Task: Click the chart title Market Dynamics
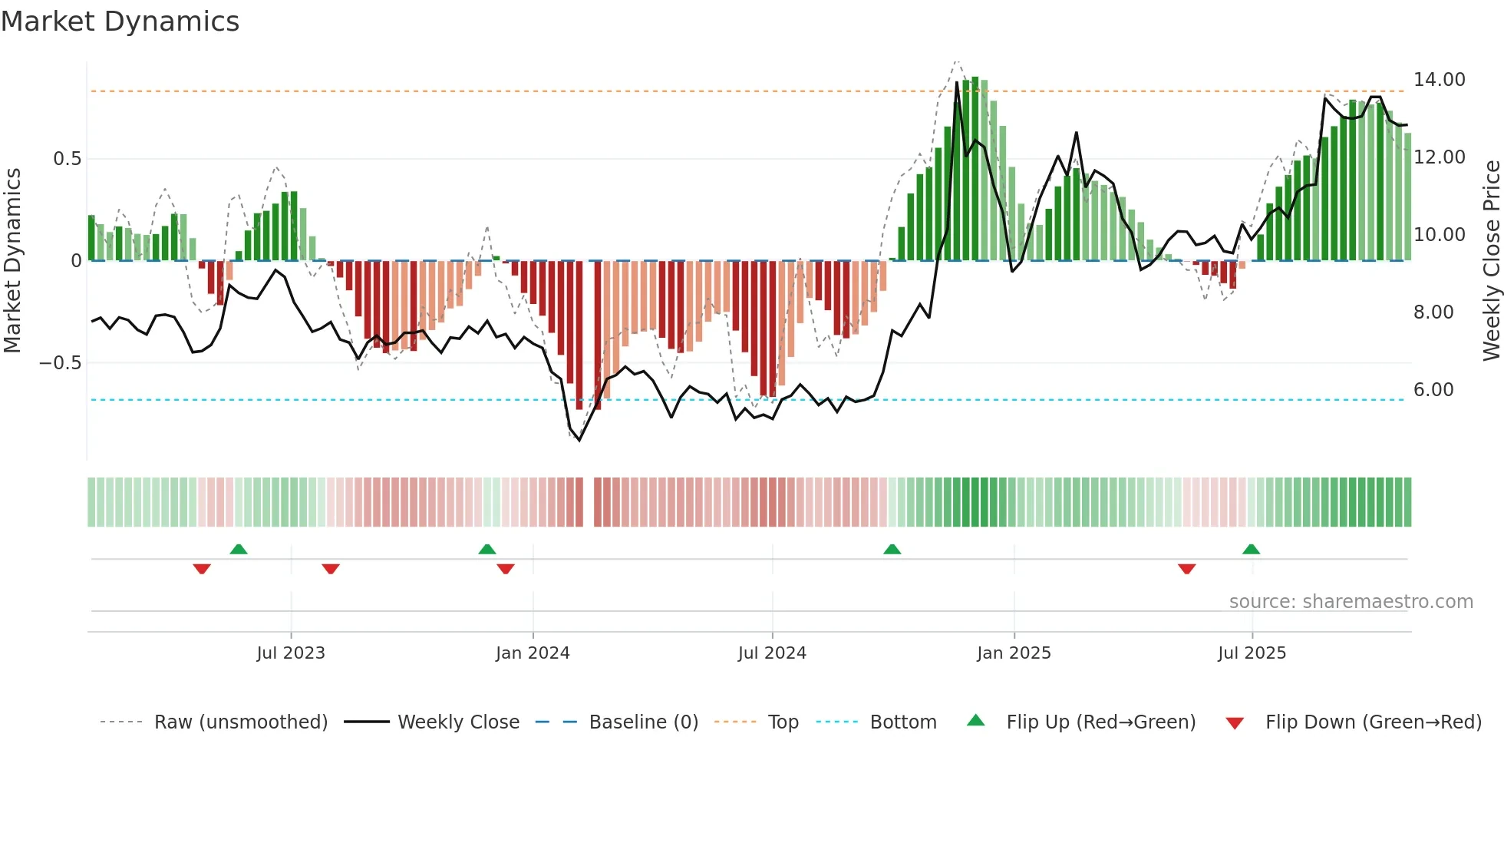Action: coord(120,21)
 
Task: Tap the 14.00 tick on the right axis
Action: coord(1439,80)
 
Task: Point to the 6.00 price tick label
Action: coord(1433,390)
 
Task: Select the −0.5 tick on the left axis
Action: coord(60,363)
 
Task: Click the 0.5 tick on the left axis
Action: coord(67,159)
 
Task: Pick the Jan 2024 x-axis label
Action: coord(533,653)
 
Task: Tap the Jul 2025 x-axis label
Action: coord(1252,653)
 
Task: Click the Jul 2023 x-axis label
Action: coord(291,653)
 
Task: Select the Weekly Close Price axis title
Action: coord(1491,260)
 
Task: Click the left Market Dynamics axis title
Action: coord(13,260)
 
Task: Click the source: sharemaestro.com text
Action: coord(1351,602)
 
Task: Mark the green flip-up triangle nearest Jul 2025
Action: coord(1251,549)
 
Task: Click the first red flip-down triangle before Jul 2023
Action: coord(202,569)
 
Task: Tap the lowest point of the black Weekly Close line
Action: coord(579,440)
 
